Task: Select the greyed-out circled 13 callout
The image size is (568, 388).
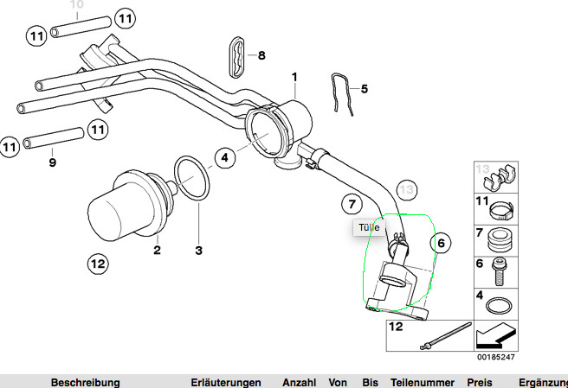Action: pos(407,189)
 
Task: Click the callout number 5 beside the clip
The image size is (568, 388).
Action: pos(365,88)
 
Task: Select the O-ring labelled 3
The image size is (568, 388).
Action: pos(190,179)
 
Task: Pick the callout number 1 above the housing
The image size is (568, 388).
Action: pos(294,77)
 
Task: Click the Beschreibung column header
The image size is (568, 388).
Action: pos(85,381)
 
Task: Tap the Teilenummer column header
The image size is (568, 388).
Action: pos(422,381)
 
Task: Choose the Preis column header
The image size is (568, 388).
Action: pos(479,381)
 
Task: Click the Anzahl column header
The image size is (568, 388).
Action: pos(300,381)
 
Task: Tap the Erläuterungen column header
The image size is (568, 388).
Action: pos(226,381)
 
